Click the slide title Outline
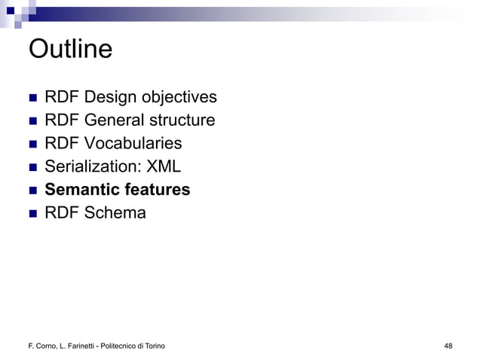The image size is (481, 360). pos(70,49)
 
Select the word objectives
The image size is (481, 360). pos(180,98)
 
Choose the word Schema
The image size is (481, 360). pos(115,213)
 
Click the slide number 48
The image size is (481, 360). pos(449,346)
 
